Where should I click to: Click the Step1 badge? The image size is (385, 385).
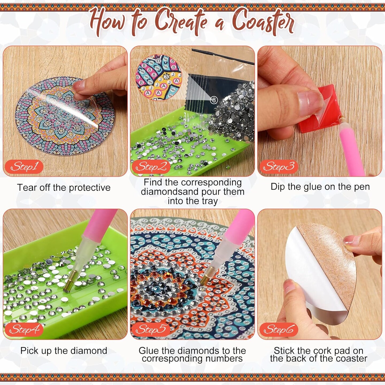pyautogui.click(x=24, y=167)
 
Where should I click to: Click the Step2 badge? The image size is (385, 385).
pyautogui.click(x=151, y=167)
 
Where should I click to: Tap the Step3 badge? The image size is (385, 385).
pyautogui.click(x=278, y=167)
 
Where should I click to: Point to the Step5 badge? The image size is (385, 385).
pyautogui.click(x=151, y=329)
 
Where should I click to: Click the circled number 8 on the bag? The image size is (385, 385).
pyautogui.click(x=214, y=100)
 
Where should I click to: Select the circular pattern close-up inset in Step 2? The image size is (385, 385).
pyautogui.click(x=159, y=78)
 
